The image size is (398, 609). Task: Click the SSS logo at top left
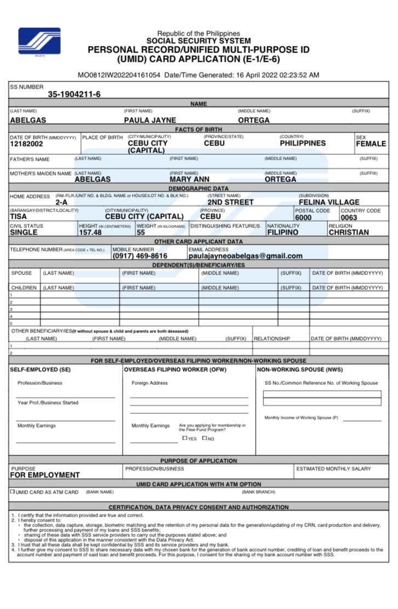point(39,41)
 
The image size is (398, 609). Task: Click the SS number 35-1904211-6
point(74,94)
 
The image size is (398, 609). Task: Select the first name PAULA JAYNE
point(149,120)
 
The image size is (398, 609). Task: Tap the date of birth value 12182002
point(26,144)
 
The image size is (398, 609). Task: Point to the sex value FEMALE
point(371,144)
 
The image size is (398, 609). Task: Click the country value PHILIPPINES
point(302,143)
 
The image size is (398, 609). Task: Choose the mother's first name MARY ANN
point(189,179)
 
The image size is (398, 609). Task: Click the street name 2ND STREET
point(230,202)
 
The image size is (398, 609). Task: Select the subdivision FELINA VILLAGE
point(329,202)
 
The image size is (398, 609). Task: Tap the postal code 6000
point(303,217)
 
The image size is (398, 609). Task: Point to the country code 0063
point(349,217)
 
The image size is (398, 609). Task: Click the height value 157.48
point(90,232)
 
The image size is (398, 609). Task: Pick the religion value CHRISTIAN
point(349,232)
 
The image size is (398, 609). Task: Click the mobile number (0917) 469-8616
point(140,256)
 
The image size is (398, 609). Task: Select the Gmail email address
point(245,256)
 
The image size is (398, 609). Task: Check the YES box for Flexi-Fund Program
point(185,438)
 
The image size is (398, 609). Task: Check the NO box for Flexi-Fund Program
point(205,438)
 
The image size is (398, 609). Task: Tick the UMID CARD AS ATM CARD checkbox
point(13,491)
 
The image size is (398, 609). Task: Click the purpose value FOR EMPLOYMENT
point(45,475)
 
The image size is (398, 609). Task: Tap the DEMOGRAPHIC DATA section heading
point(199,188)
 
